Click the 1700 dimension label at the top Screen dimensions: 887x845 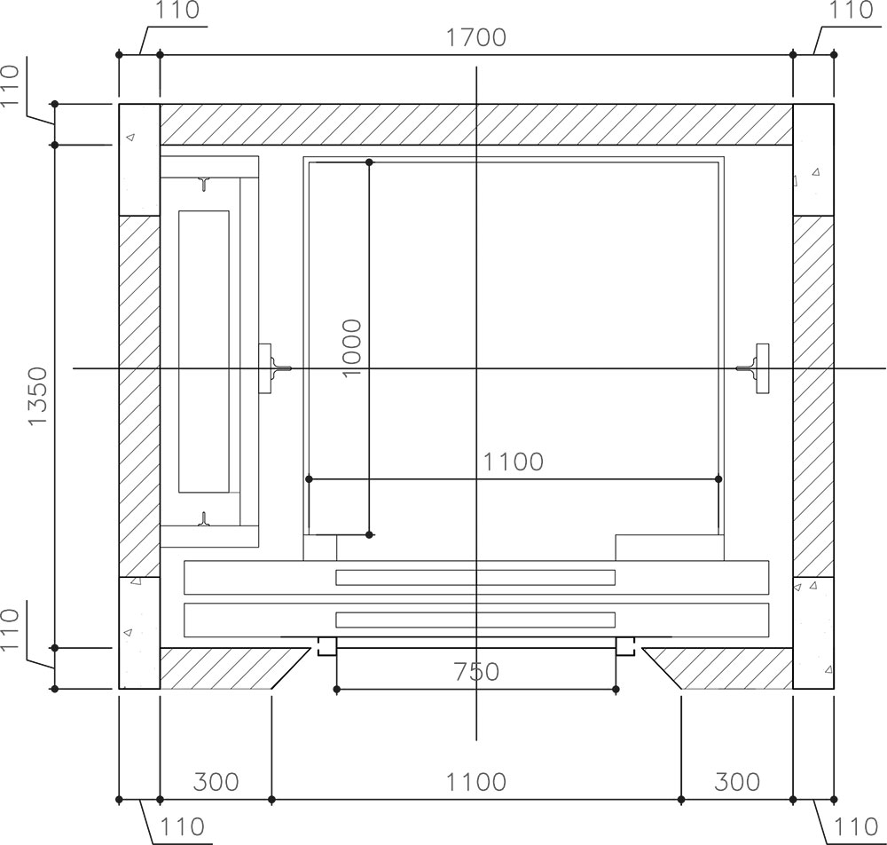[x=475, y=37]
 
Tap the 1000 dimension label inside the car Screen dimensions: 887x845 [x=352, y=348]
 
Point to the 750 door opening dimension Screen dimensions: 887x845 [x=476, y=672]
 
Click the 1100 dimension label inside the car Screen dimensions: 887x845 [x=513, y=462]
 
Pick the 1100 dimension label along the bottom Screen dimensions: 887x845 [x=475, y=782]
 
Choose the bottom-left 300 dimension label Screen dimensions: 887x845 [x=216, y=782]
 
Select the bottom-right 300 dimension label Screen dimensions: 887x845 [x=736, y=782]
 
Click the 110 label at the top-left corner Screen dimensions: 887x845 [x=177, y=10]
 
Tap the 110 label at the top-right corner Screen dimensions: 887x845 [x=851, y=10]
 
